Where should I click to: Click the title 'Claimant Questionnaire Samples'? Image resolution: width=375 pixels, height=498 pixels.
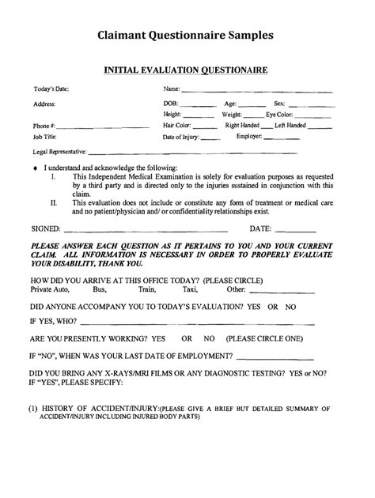coord(187,36)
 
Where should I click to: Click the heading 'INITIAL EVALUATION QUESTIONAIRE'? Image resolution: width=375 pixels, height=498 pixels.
coord(187,70)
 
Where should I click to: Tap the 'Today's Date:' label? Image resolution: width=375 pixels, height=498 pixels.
coord(51,89)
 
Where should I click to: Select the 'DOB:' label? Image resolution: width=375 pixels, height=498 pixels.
coord(171,103)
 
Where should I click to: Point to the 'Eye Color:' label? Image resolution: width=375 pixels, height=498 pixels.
coord(280,115)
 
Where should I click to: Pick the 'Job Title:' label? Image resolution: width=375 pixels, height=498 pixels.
coord(47,136)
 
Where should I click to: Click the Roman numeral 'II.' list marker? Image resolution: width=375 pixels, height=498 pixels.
coord(54,202)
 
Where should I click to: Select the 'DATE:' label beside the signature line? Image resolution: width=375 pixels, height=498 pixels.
coord(263,228)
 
